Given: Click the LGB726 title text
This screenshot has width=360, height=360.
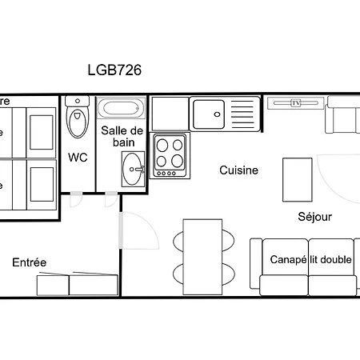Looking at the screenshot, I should [114, 70].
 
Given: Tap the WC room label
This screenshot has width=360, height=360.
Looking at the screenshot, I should [78, 157].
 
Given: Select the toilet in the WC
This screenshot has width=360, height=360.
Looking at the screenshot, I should [78, 120].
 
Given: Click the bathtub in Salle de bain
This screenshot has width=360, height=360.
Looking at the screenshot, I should [122, 108].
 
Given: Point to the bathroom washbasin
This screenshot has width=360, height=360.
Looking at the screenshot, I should [134, 167].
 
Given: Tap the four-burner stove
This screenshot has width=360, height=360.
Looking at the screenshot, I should [169, 155].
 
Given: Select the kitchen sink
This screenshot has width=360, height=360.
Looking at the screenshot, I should [209, 114].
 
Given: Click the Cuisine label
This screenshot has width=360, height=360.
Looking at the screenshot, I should [239, 170].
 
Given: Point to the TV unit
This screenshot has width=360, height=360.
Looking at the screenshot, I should [295, 103].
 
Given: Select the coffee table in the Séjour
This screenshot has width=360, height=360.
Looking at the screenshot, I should [297, 180].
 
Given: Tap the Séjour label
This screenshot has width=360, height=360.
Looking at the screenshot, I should [314, 216].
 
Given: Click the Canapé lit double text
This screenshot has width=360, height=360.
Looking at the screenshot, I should [311, 260].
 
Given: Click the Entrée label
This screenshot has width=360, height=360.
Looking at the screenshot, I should [29, 262].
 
